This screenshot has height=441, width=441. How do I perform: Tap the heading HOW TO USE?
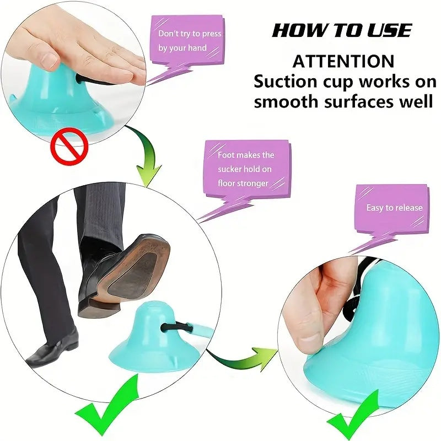click(x=342, y=30)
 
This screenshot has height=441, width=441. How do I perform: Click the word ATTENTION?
click(x=343, y=61)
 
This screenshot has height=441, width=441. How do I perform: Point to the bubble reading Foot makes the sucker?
click(x=246, y=169)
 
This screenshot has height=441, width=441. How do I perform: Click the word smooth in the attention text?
click(x=291, y=101)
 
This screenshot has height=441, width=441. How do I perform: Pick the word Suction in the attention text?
click(x=285, y=81)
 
